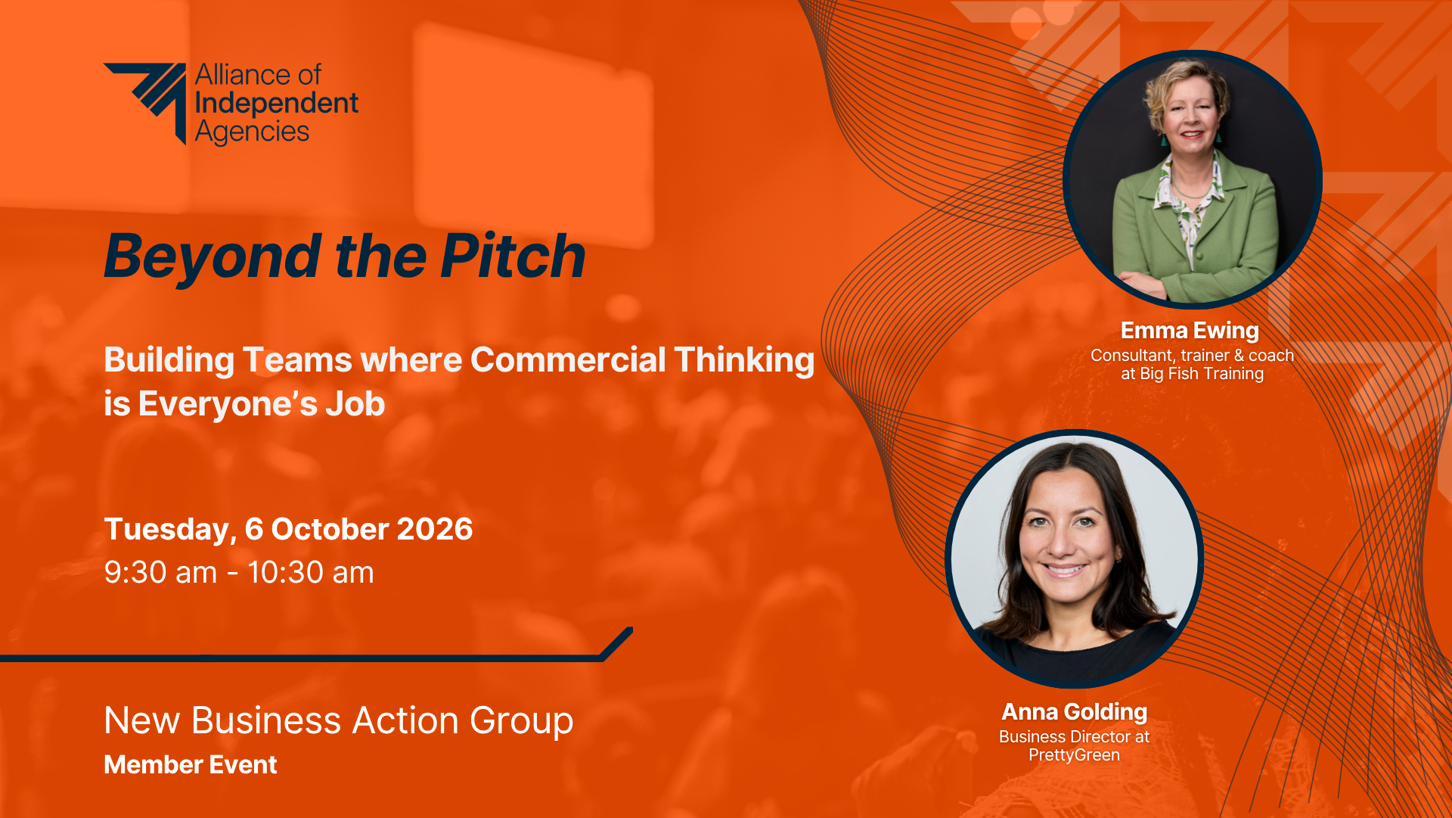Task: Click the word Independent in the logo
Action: tap(277, 103)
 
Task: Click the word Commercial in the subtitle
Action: tap(568, 359)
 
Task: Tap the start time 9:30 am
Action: tap(160, 573)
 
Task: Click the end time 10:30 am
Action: tap(311, 573)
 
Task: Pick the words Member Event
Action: tap(191, 764)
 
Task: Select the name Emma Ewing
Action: tap(1190, 331)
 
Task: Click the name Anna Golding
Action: tap(1074, 712)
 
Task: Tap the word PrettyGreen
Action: tap(1074, 755)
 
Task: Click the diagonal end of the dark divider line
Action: tap(617, 643)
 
